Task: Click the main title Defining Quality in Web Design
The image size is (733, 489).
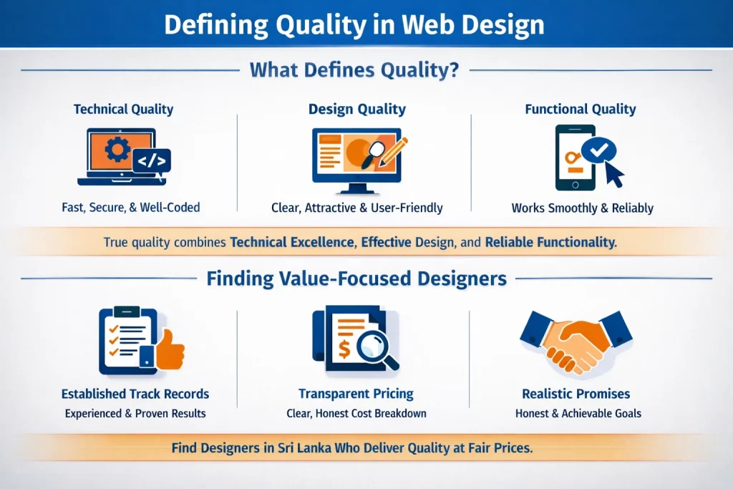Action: coord(354,25)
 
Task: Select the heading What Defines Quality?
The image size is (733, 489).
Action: coord(354,70)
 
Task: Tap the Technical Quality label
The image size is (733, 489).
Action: coord(123,110)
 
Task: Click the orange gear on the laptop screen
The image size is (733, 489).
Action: coord(117,150)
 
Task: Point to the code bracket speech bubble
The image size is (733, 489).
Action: coord(152,162)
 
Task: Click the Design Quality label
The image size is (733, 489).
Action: coord(357,110)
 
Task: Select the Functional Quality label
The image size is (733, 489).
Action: coord(581,110)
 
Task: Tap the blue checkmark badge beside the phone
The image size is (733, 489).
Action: coord(599,150)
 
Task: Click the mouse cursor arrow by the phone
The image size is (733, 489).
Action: coord(613,175)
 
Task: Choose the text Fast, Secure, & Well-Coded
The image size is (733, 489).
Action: coord(131,208)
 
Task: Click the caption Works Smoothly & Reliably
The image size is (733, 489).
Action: coord(583,208)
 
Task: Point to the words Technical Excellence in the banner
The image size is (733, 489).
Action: coord(292,242)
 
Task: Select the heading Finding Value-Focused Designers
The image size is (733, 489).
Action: coord(356,279)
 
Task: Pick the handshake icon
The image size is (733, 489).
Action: coord(576,343)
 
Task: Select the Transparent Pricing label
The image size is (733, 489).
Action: coord(356,394)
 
